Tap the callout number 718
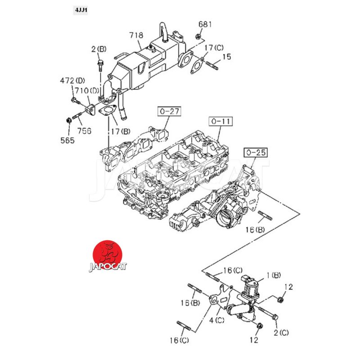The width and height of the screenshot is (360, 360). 136,35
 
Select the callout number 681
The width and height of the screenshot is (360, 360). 205,24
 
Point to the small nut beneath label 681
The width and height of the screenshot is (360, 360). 198,36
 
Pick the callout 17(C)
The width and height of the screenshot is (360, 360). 213,48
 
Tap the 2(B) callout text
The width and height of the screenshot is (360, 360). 99,49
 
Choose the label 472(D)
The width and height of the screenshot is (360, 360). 72,81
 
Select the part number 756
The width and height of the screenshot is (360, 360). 84,131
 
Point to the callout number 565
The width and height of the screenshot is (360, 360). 69,139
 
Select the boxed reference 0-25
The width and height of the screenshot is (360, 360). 255,153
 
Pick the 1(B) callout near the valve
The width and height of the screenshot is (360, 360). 274,274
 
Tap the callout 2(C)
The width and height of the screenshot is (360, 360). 281,333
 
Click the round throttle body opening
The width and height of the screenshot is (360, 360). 225,218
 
